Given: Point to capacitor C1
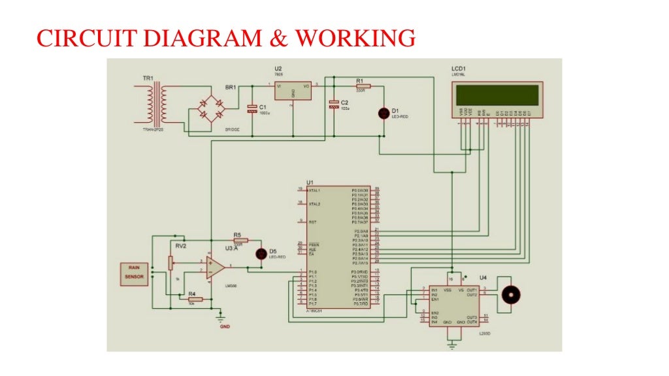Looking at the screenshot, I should (252, 109).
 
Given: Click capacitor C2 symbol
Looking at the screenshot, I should (334, 103).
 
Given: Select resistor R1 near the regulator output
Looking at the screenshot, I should (363, 86).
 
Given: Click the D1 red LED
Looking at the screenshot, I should (384, 113).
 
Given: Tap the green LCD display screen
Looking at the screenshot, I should (496, 95).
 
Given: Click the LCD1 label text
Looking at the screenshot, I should (459, 69).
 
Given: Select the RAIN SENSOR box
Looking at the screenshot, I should (133, 272).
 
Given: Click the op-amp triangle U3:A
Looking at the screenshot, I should (215, 268).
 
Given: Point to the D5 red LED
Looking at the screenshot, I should (261, 253).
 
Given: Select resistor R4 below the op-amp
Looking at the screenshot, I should (194, 299).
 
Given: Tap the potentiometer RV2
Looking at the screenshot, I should (171, 263).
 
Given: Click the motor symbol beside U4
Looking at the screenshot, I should (509, 295).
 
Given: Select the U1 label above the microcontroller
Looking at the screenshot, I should (310, 182).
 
